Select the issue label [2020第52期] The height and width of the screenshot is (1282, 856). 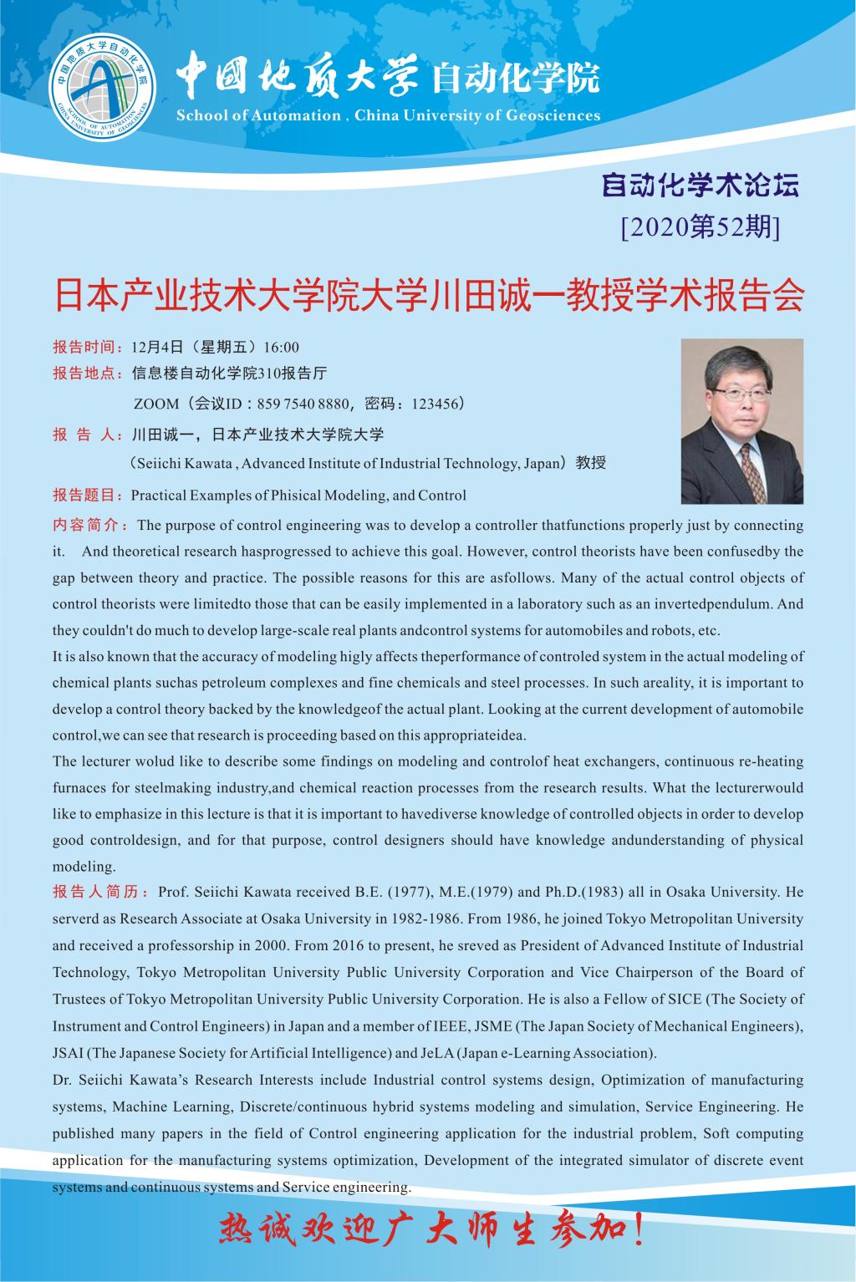click(x=701, y=226)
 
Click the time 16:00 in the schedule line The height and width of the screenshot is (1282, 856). click(x=281, y=347)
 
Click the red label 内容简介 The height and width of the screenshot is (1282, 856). click(x=89, y=526)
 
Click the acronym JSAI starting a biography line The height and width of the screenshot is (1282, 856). click(x=69, y=1053)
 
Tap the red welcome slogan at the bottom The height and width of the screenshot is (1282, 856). click(x=431, y=1232)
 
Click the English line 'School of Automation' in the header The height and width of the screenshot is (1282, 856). click(x=257, y=116)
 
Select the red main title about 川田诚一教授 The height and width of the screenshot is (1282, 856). click(x=428, y=297)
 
